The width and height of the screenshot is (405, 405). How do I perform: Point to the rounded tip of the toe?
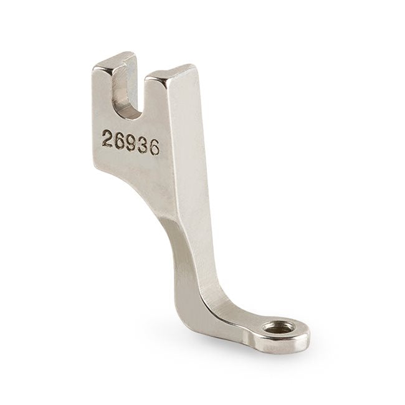coord(302,340)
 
